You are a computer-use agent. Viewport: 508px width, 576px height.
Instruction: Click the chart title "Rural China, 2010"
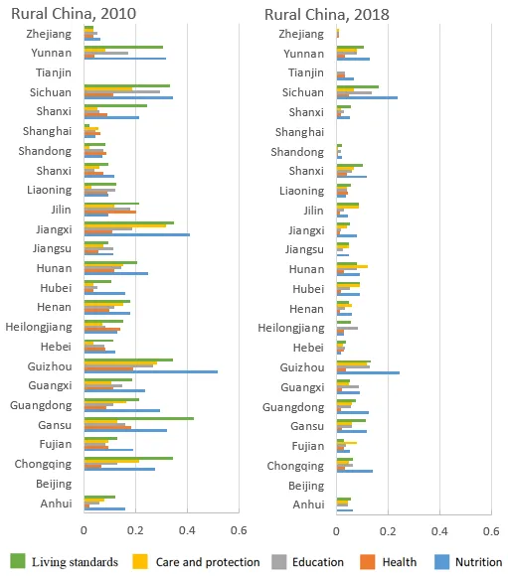[74, 14]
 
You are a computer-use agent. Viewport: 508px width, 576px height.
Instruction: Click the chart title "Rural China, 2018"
[327, 15]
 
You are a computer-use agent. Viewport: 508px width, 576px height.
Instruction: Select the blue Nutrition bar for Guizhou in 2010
[151, 371]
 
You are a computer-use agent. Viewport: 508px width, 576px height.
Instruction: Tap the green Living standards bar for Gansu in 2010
[139, 418]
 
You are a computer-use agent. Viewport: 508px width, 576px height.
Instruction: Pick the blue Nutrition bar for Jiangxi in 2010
[137, 234]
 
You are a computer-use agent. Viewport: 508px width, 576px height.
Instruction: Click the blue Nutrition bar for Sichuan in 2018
[367, 97]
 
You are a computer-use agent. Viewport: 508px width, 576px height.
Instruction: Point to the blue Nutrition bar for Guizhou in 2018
[368, 372]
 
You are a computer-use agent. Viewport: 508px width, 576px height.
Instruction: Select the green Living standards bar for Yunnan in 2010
[123, 47]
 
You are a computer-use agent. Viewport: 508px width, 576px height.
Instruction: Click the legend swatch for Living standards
[17, 562]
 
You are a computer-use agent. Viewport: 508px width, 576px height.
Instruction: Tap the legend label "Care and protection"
[208, 562]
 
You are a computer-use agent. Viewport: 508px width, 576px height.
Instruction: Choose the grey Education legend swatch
[279, 562]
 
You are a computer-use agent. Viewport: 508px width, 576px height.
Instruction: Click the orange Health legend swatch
[368, 562]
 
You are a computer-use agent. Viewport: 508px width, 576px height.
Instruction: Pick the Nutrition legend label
[478, 562]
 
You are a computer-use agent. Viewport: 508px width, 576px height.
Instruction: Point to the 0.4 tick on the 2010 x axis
[187, 530]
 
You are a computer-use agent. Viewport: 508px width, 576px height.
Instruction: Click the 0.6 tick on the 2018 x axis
[491, 531]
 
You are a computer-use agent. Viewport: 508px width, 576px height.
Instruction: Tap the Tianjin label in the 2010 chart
[54, 72]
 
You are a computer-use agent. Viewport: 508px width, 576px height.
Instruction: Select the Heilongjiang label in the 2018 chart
[291, 328]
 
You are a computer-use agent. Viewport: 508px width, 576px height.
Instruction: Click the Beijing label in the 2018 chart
[306, 486]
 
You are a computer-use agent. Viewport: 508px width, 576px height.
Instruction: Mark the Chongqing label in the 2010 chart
[43, 465]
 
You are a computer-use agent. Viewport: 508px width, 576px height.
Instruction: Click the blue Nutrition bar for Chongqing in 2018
[355, 471]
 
